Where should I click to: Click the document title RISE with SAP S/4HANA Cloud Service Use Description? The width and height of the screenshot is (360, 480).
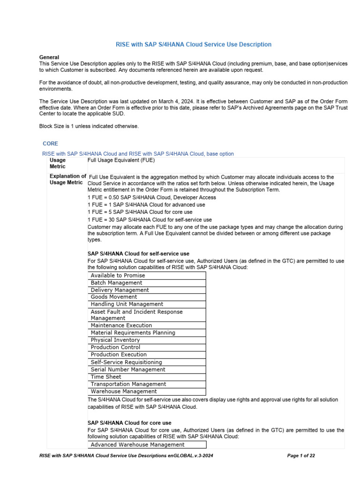(x=194, y=45)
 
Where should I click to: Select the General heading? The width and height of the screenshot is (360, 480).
(x=49, y=57)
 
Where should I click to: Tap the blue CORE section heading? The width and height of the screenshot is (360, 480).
(x=50, y=143)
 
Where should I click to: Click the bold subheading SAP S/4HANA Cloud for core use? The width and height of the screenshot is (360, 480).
(x=129, y=423)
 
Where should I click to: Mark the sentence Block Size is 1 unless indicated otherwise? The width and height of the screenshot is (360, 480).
(x=89, y=126)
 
